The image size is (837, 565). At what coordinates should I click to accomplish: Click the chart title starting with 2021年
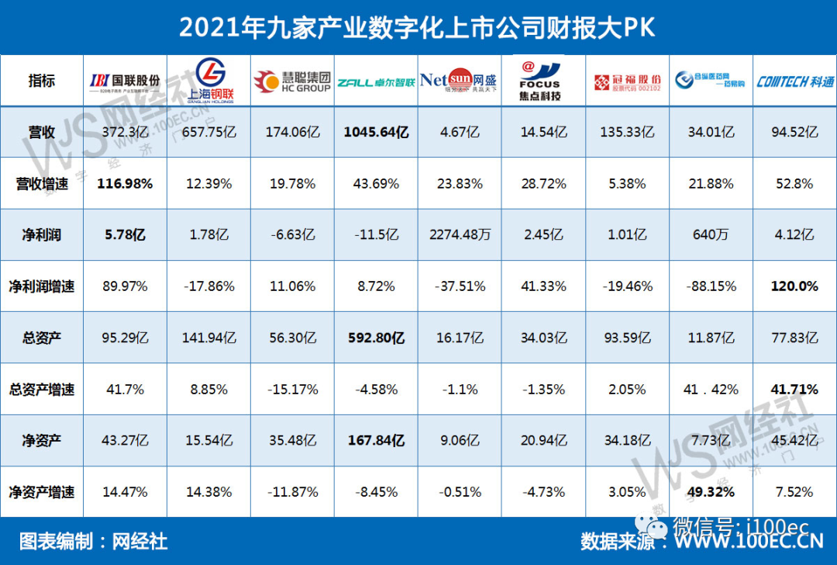coord(418,27)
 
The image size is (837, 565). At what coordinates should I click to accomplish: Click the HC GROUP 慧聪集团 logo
coord(292,81)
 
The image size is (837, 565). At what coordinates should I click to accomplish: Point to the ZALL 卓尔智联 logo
coord(376,81)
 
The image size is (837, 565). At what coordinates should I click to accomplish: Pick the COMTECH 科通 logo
coord(794,81)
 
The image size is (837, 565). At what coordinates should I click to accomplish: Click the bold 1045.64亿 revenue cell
coord(376,132)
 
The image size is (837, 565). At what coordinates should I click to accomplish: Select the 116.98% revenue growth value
coord(125,184)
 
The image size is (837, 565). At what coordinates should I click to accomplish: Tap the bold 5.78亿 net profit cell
coord(125,235)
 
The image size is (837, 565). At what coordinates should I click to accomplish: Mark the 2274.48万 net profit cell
coord(460,235)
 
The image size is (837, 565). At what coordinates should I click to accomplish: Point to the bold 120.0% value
coord(794,286)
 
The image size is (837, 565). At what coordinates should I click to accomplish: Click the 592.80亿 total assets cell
coord(376,338)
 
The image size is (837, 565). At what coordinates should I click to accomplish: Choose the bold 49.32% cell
coord(711,491)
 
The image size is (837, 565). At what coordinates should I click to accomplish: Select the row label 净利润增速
coord(42,286)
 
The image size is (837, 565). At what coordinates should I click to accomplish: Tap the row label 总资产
coord(42,338)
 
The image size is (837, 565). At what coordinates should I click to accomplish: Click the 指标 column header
coord(42,81)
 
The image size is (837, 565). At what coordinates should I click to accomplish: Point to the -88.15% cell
coord(711,286)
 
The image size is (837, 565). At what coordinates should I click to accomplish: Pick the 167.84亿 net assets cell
coord(376,440)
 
